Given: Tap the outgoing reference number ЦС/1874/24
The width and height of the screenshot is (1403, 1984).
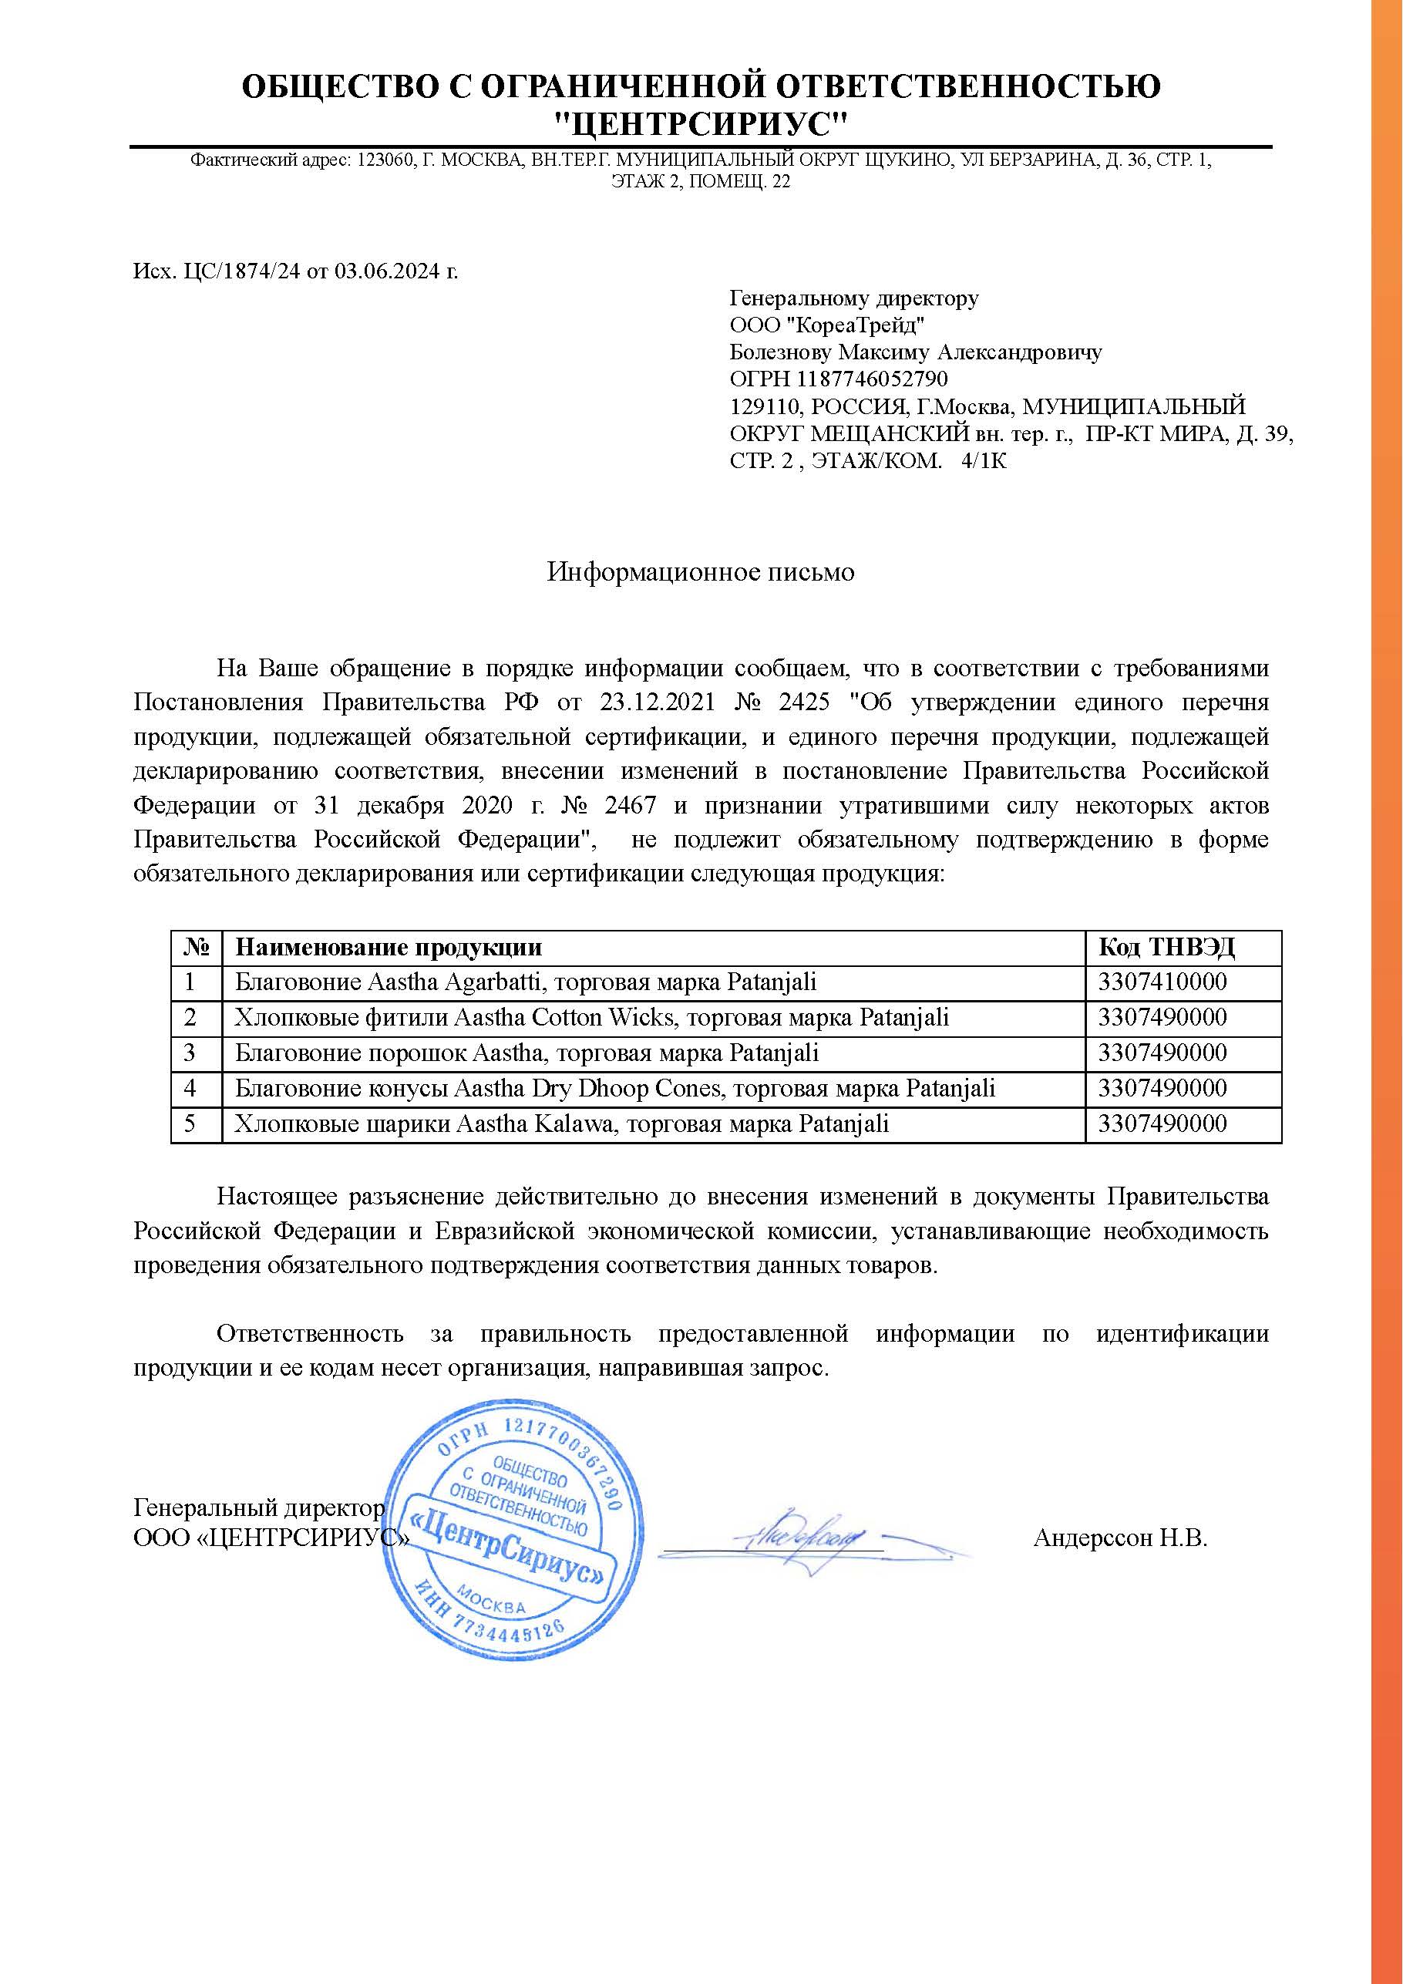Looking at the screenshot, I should [244, 271].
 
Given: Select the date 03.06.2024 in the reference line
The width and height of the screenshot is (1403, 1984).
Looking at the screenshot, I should [387, 271].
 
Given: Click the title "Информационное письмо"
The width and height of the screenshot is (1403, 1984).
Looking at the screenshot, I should [701, 572].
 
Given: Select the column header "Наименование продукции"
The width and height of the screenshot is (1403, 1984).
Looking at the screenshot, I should [389, 947].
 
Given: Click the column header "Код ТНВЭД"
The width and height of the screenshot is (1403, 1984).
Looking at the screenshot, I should [1166, 947].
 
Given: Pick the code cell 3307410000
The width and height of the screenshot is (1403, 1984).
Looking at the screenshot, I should [1162, 982].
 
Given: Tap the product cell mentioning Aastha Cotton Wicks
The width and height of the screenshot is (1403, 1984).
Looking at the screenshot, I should [592, 1018].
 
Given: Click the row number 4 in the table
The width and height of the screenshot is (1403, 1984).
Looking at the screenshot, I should [190, 1089].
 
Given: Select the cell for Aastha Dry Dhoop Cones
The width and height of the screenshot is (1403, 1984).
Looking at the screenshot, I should [615, 1089].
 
